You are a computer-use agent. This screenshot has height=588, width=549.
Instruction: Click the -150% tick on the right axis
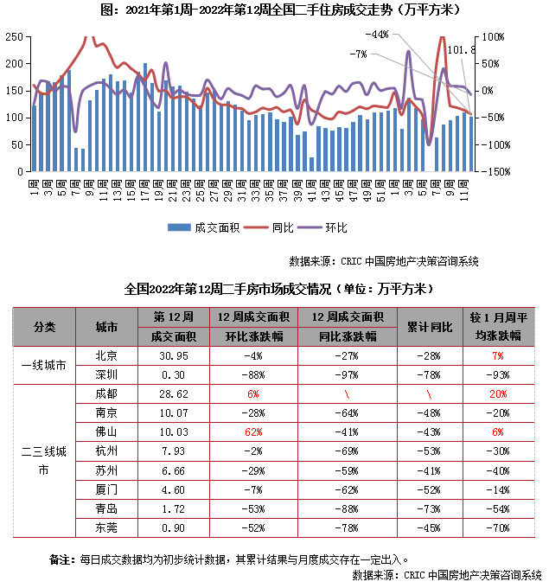[x=494, y=171]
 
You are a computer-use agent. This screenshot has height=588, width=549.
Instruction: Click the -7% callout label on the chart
[x=359, y=54]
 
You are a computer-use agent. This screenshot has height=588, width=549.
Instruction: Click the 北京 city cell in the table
[x=108, y=355]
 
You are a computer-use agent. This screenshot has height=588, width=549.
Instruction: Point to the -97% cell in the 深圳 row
[x=347, y=374]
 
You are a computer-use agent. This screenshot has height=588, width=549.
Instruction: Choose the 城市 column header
[x=108, y=326]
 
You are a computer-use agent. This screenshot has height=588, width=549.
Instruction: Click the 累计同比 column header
[x=430, y=326]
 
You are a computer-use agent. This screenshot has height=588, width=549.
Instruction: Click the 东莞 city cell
[x=108, y=527]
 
